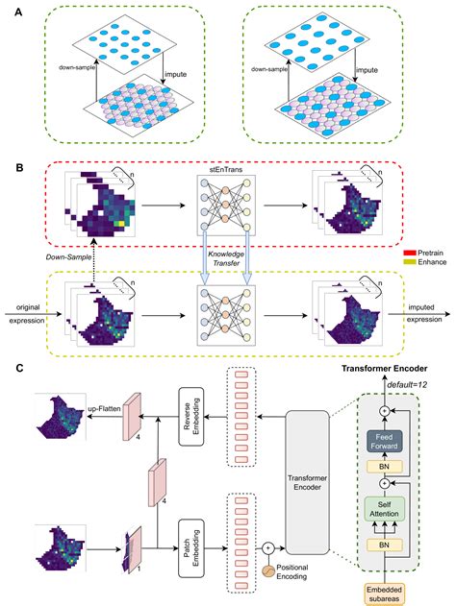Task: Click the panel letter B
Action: coord(13,165)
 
